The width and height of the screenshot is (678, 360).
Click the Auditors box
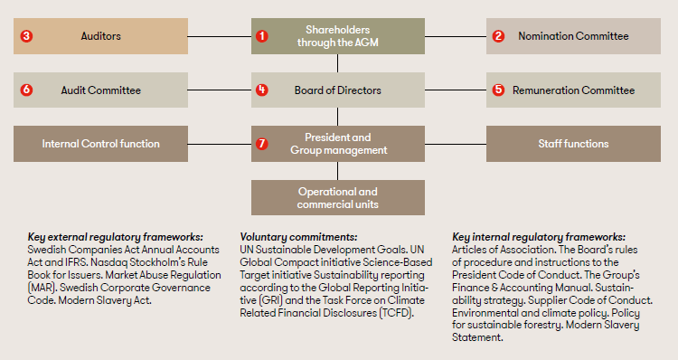point(101,36)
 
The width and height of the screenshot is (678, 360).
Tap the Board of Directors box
point(337,90)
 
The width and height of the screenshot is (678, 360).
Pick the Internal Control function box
point(101,144)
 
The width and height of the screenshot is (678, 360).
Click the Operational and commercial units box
point(337,197)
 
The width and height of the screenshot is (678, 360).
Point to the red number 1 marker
point(262,36)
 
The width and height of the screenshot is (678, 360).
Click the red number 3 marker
point(26,36)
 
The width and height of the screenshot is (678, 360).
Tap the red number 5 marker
point(498,90)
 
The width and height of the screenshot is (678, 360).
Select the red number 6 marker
point(26,90)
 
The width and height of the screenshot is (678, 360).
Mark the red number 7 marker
point(262,144)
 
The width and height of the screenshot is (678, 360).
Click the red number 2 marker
point(498,36)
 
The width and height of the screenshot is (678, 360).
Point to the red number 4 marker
point(262,90)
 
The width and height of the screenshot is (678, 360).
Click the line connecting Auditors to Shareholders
point(220,36)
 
